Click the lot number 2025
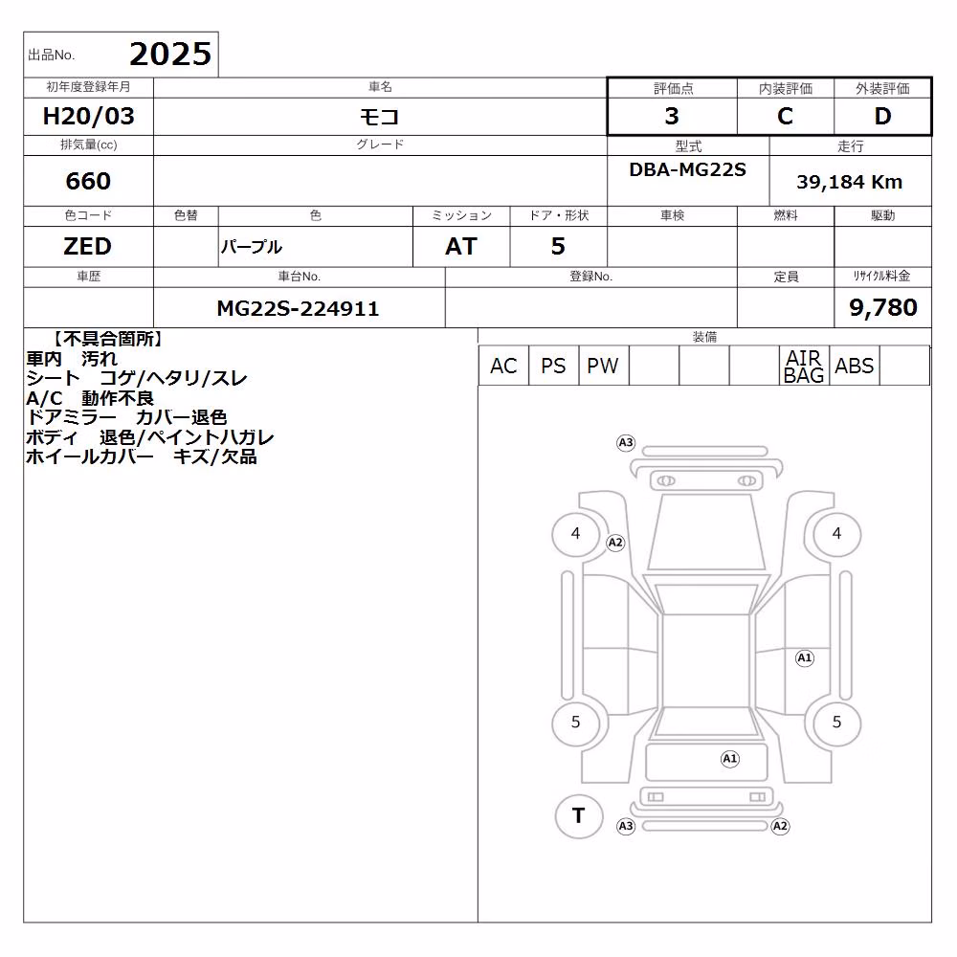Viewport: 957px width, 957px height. point(170,55)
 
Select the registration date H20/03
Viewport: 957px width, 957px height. point(88,116)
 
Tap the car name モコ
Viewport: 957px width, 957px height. point(379,116)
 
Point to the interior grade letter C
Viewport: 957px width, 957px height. point(785,116)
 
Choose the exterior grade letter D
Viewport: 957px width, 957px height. point(882,116)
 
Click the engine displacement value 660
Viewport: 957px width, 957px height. point(88,181)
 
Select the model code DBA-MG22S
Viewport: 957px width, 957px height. point(687,169)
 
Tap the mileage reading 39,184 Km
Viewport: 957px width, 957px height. point(849,182)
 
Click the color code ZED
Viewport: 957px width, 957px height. point(88,247)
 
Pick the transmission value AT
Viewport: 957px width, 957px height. point(461,247)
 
